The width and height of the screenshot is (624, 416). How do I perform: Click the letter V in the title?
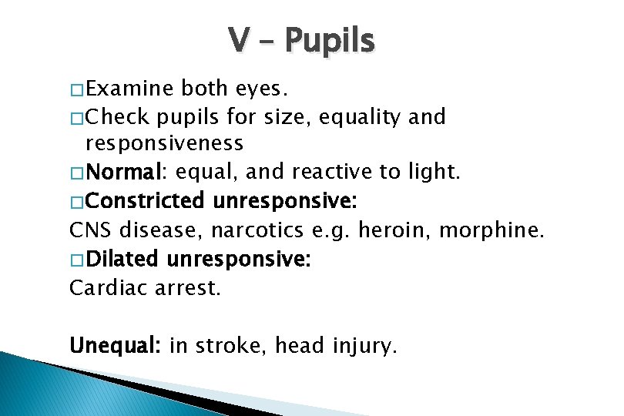[237, 41]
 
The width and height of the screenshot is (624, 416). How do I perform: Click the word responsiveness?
[164, 143]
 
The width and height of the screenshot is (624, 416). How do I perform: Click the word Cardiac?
[102, 287]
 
